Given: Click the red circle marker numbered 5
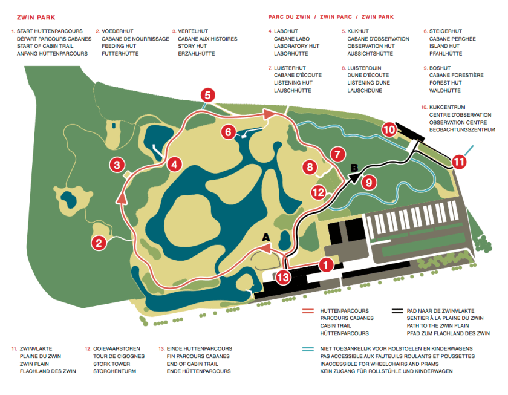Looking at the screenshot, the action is pos(207,95).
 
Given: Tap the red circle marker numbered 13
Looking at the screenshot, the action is pos(283,278).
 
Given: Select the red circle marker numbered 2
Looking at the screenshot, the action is pos(99,243).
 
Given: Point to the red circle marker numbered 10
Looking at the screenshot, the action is pos(389,129).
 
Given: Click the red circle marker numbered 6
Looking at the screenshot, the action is pos(229,132).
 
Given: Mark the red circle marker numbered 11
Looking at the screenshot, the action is pos(459,162).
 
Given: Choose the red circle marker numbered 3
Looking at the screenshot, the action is pos(117,165).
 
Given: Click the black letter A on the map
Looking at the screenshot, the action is pos(266,237).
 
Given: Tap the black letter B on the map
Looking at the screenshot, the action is pos(354,168).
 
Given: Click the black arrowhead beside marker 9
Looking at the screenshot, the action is pos(356,177).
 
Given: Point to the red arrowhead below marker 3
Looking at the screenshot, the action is pos(122,198).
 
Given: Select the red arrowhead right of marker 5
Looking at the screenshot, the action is pos(269,114).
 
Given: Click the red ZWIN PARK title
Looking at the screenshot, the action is pos(36,18).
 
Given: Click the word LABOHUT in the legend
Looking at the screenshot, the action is pos(285,31).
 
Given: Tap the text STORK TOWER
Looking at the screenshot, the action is pos(112,364).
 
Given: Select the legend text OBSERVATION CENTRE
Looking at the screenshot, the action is pos(458,122).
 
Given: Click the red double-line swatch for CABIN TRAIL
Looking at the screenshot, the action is pos(308,311).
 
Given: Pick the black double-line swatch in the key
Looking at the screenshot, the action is pos(397,311).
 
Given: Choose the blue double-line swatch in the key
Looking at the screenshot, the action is pos(308,349).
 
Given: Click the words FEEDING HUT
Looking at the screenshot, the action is pos(119,46).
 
